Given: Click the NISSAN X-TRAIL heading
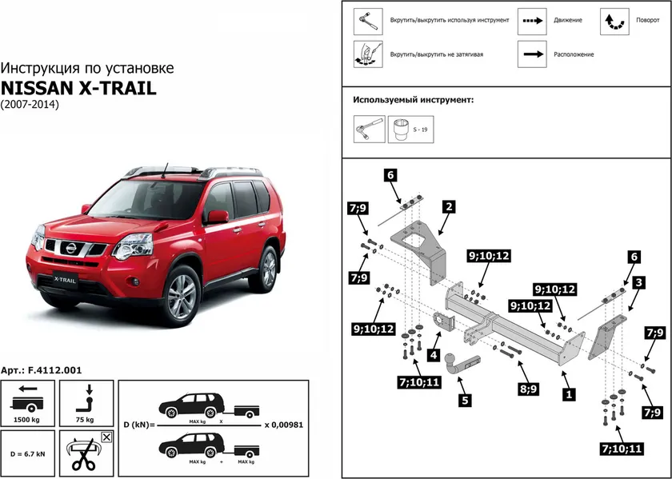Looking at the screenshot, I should point(78,88).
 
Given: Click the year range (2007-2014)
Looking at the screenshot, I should point(30,105).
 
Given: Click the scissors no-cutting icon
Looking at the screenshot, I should point(86,453).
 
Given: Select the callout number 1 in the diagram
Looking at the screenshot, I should point(569,393).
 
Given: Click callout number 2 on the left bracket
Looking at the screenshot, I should point(449,206).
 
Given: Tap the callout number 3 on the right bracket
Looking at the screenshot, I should point(638,283).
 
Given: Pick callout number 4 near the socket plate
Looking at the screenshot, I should point(432,354).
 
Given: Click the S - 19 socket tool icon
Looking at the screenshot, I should point(402,129).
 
